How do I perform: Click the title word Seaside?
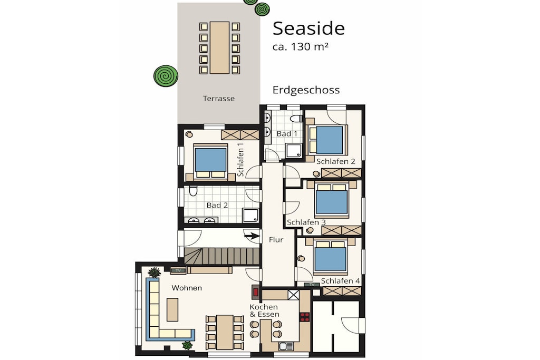(308, 28)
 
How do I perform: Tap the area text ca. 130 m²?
(300, 46)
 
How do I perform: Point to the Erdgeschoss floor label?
(306, 90)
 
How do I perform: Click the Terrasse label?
(219, 99)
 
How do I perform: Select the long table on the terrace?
(219, 47)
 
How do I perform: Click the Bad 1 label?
(287, 133)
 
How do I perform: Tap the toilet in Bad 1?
(296, 119)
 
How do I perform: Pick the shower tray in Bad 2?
(250, 216)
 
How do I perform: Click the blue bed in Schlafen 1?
(210, 160)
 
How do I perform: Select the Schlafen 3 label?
(306, 222)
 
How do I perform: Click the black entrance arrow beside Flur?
(252, 236)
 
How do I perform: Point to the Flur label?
(276, 240)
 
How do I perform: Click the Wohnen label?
(187, 288)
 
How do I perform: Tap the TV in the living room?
(178, 270)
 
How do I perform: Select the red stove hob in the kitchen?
(304, 317)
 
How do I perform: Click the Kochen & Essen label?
(265, 310)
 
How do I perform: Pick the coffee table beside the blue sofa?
(172, 309)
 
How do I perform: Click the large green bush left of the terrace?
(166, 76)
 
